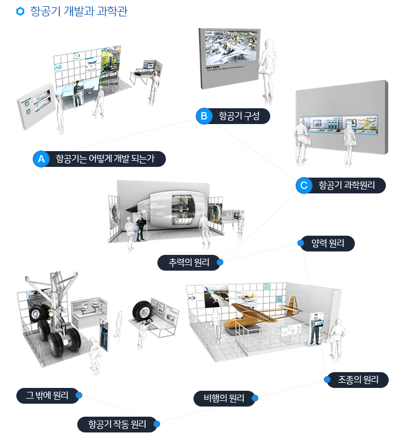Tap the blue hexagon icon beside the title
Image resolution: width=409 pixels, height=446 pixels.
21,11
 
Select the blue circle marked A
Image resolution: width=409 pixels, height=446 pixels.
41,160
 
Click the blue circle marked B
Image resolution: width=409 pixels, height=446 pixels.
204,117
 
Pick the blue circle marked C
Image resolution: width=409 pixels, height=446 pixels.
304,186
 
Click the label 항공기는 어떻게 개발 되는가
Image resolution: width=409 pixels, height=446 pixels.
105,160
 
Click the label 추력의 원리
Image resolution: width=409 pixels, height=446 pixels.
188,262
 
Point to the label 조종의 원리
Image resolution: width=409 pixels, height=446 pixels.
358,379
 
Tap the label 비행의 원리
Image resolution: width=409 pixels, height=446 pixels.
223,399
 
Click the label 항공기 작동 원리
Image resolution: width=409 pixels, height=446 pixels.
117,424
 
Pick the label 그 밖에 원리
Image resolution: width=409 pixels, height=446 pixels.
47,395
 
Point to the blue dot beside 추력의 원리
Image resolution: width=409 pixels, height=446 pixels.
220,262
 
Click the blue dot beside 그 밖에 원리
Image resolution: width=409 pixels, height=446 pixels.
79,395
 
